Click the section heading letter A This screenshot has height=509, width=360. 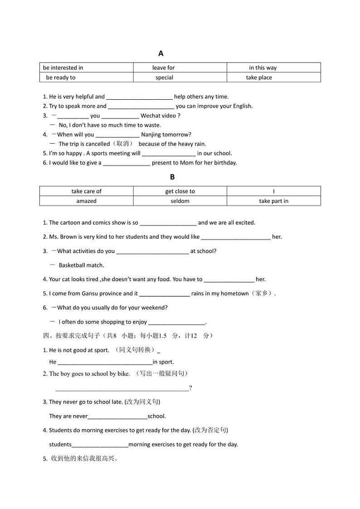click(161, 53)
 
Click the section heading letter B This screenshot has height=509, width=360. click(172, 177)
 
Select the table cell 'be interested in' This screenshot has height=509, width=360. click(63, 68)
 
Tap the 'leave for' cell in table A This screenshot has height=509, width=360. click(163, 68)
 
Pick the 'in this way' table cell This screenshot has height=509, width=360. click(263, 68)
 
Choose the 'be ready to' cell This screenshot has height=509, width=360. click(61, 78)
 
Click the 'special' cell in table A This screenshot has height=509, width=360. click(164, 78)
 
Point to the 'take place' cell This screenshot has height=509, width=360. click(259, 78)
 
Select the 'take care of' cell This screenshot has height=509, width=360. click(87, 191)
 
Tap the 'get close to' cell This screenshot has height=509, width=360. click(180, 191)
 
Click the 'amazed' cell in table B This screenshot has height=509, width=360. click(87, 201)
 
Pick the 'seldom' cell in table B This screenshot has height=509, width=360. click(180, 201)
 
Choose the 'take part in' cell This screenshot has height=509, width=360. click(273, 201)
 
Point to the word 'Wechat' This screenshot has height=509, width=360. click(151, 116)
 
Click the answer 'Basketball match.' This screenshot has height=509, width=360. click(81, 265)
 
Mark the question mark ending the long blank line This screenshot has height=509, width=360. click(190, 388)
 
